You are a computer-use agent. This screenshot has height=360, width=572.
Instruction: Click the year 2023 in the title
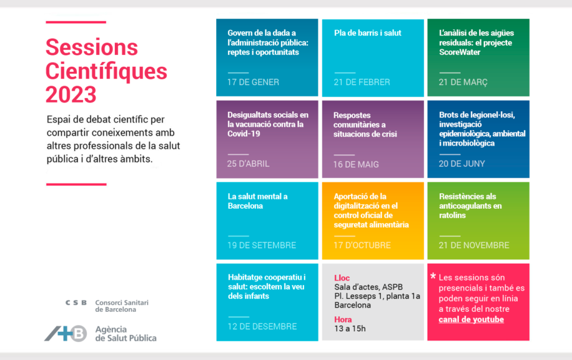pos(71,94)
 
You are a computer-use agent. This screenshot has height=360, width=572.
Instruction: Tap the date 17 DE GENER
pos(253,82)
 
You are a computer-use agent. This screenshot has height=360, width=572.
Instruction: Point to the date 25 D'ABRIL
pos(249,164)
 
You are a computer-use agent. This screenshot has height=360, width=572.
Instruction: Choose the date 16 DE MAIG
pos(356,164)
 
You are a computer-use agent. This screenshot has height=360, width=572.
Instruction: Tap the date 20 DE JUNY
pos(461,164)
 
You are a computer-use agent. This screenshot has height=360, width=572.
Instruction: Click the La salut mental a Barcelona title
pos(257,201)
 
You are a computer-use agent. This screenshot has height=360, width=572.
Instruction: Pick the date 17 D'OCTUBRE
pos(362,245)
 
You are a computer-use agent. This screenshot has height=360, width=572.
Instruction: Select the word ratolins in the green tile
pos(453,216)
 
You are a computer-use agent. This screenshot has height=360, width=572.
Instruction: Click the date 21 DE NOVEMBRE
pos(474,245)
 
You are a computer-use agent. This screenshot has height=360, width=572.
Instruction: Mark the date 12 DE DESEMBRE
pos(262,326)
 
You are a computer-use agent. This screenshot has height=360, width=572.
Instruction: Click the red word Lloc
pos(342,277)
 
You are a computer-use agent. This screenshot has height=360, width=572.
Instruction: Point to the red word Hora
pos(343,319)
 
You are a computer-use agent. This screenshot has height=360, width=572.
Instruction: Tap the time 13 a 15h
pos(350,329)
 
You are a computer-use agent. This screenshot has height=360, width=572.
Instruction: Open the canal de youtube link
pos(471,320)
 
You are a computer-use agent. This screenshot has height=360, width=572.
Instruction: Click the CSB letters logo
pos(76,302)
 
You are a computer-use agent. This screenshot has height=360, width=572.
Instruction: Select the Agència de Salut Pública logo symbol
pos(66,333)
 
